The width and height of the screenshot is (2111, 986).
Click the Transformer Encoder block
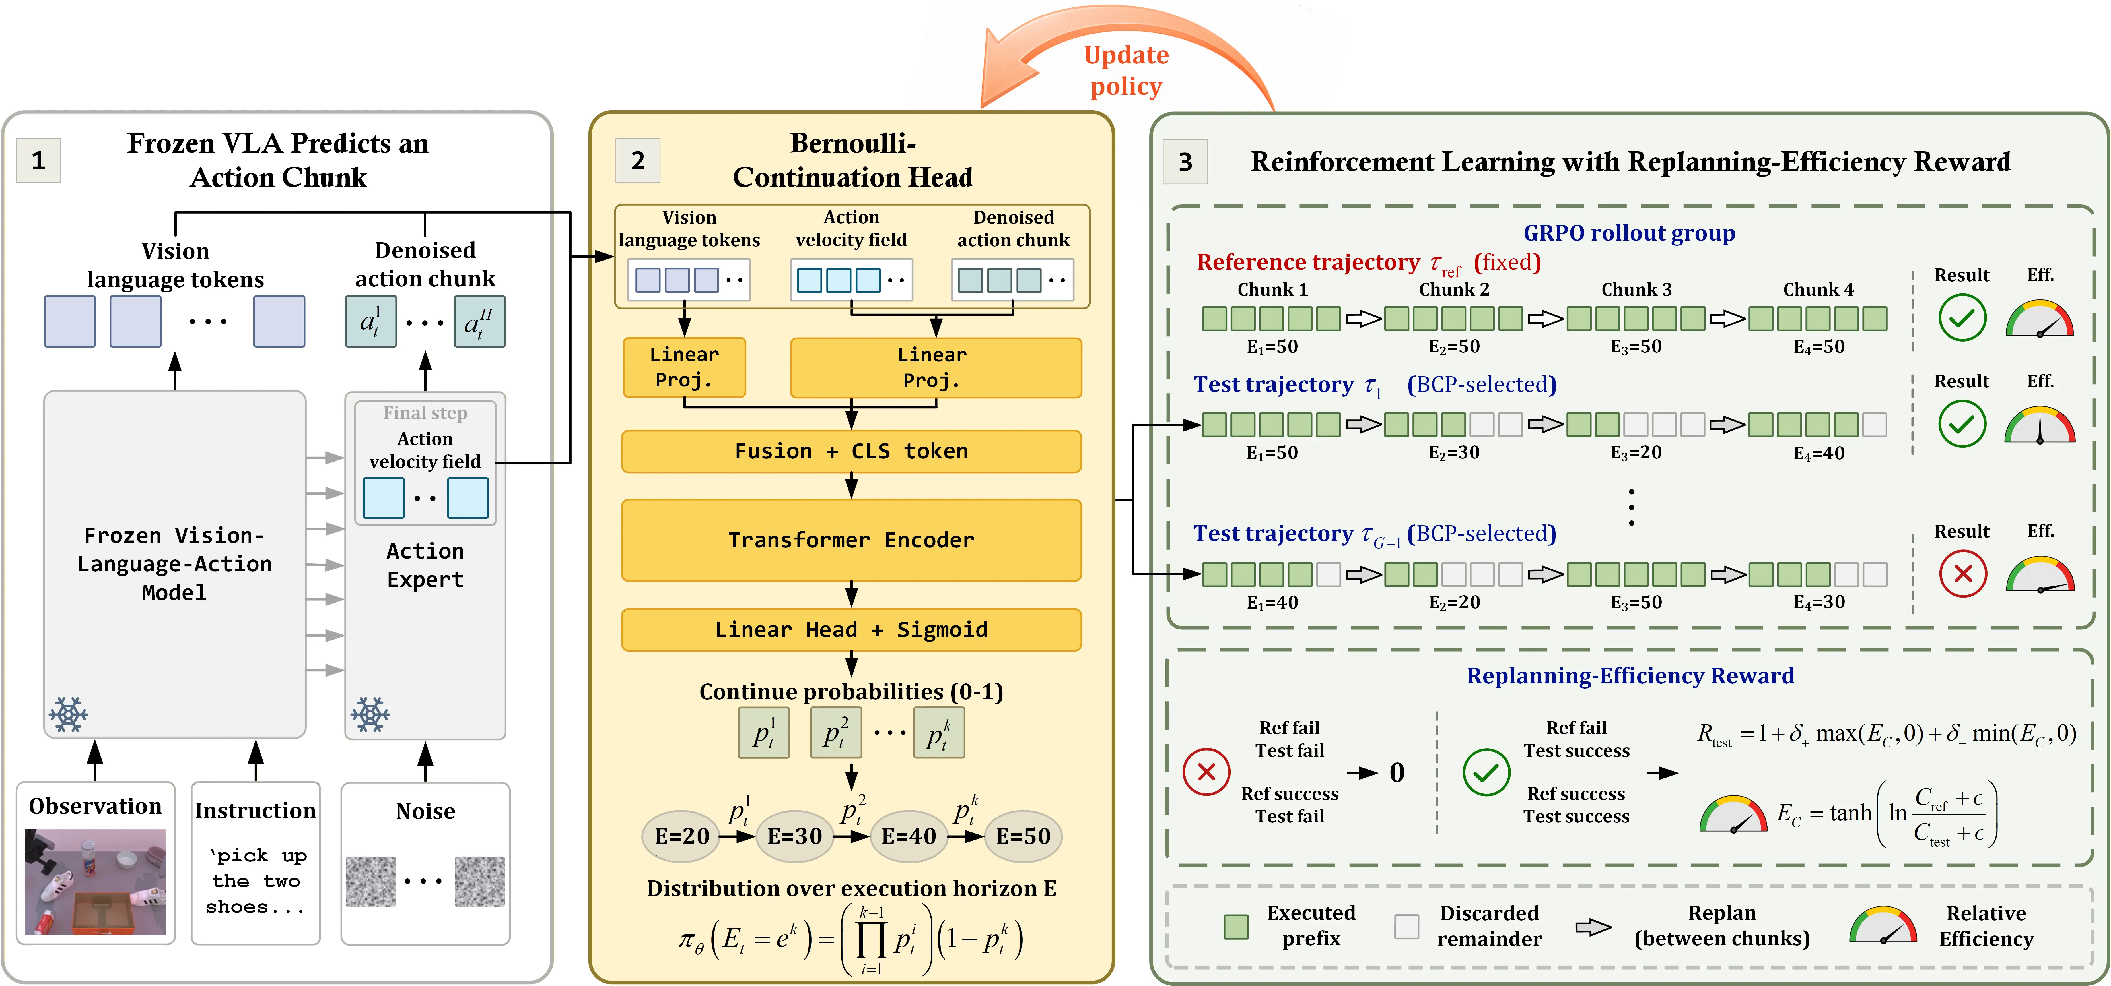click(851, 541)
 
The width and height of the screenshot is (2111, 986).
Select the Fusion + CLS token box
click(851, 451)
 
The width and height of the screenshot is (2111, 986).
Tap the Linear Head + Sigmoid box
click(851, 630)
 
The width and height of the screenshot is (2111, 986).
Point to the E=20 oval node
click(681, 836)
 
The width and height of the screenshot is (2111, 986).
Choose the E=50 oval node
click(1023, 836)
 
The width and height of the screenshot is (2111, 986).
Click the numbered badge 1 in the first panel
click(38, 160)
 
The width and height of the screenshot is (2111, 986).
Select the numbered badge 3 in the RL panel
click(1185, 162)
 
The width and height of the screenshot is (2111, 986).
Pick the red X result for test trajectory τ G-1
click(1963, 574)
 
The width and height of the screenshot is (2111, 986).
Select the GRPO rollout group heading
click(1629, 233)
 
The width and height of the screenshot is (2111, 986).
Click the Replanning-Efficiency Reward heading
click(1630, 676)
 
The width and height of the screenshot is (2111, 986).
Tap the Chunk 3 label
click(1636, 290)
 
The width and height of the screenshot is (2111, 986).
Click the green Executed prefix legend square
click(1236, 926)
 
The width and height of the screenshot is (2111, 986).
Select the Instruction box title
click(256, 811)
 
